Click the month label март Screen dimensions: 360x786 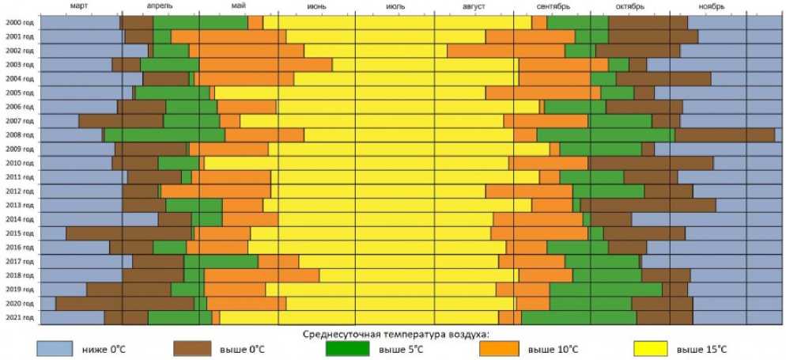pyautogui.click(x=79, y=6)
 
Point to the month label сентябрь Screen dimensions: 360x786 pyautogui.click(x=553, y=6)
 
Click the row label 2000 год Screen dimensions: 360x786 pyautogui.click(x=19, y=22)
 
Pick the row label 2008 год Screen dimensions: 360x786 pyautogui.click(x=19, y=135)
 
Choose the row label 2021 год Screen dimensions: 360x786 pyautogui.click(x=19, y=318)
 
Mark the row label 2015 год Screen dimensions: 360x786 pyautogui.click(x=19, y=233)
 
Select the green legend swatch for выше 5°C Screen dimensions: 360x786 pyautogui.click(x=348, y=348)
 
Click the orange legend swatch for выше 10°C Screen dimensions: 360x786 pyautogui.click(x=498, y=348)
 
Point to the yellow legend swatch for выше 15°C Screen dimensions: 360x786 pyautogui.click(x=656, y=348)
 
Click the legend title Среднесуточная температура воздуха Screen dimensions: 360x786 pyautogui.click(x=396, y=334)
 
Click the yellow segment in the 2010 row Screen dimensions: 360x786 pyautogui.click(x=356, y=163)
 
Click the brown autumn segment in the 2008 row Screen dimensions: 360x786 pyautogui.click(x=724, y=135)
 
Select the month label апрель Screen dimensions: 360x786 pyautogui.click(x=161, y=6)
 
